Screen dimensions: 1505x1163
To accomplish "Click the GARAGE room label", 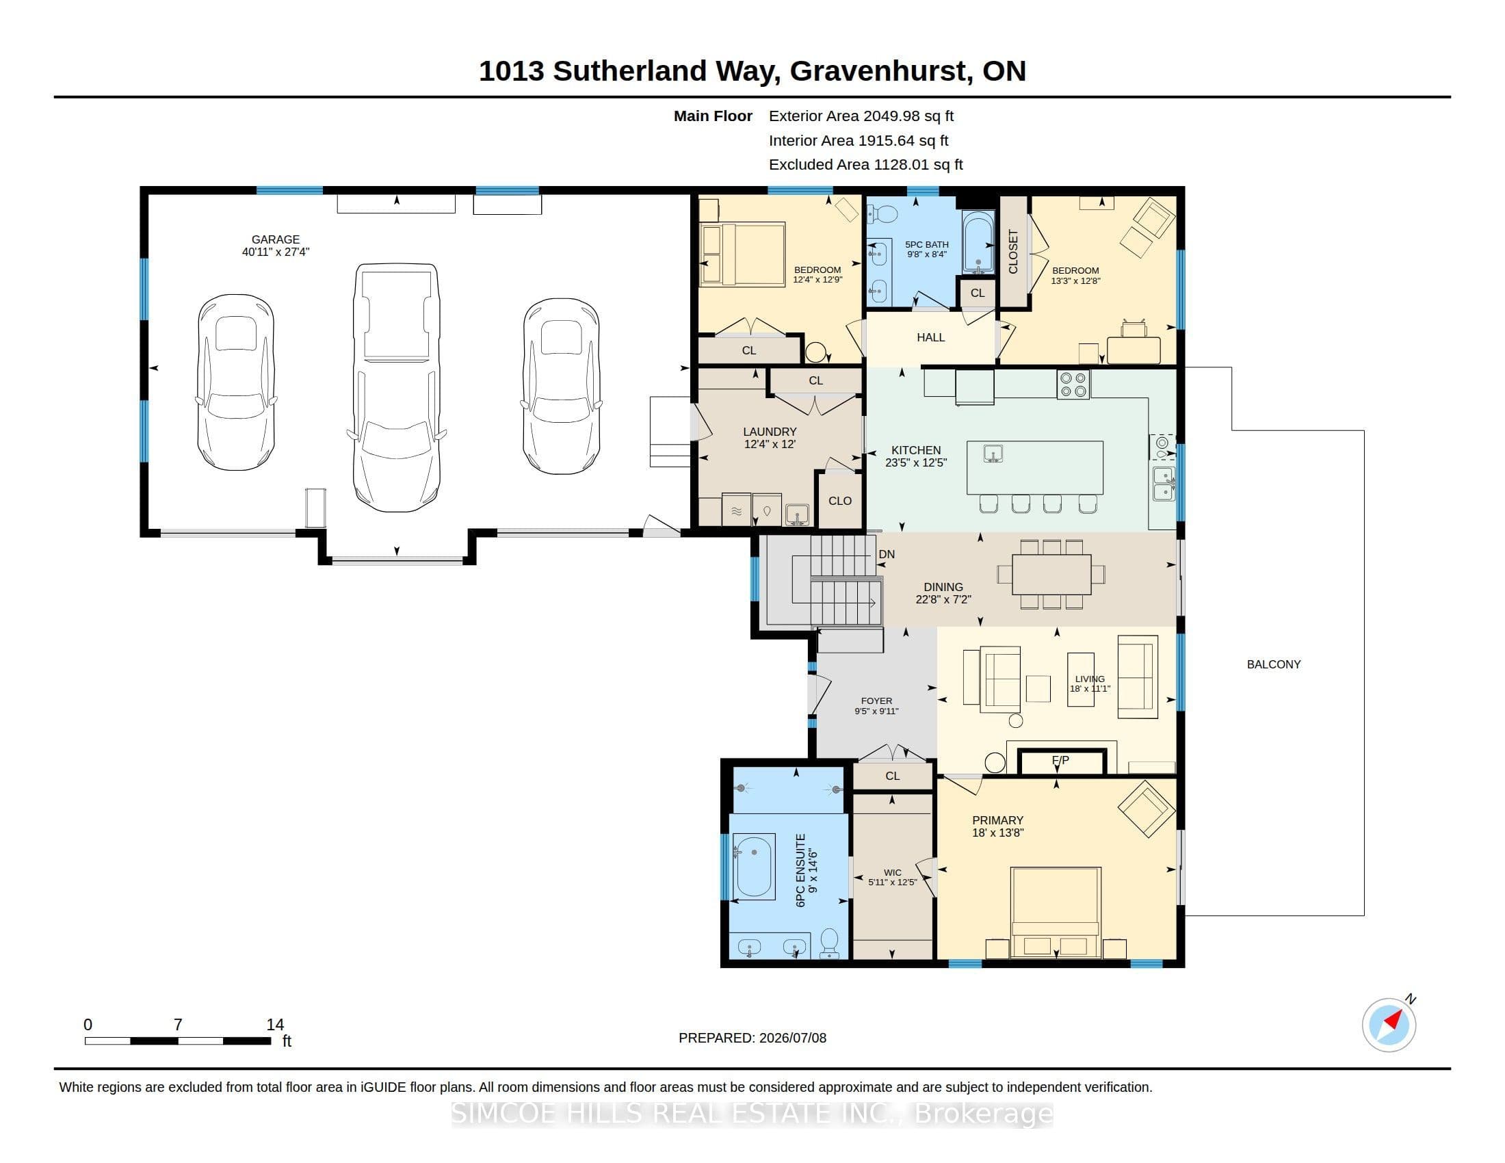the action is [x=275, y=239].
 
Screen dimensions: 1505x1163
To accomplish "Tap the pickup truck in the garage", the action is [x=396, y=387].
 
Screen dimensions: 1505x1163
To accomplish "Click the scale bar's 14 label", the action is [x=275, y=1025].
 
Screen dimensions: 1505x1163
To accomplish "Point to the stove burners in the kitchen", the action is [x=1073, y=384].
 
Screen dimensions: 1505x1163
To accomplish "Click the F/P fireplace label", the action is [x=1060, y=761].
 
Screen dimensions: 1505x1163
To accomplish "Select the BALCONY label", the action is [x=1274, y=664].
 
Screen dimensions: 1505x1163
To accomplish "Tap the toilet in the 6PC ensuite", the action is [x=829, y=943].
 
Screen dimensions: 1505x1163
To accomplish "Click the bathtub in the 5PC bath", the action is [x=978, y=243].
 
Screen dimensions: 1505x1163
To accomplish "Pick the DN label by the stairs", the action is [x=886, y=554].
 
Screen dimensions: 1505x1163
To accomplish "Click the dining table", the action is [x=1051, y=574].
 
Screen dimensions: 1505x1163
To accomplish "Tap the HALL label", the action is [x=930, y=337].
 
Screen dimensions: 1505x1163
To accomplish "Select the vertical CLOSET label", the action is [x=1013, y=252].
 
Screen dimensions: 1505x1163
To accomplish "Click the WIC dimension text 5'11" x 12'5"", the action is [x=892, y=882].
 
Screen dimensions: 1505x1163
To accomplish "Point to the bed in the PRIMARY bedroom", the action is [x=1055, y=912].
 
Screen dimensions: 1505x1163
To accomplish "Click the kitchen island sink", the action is [x=993, y=454].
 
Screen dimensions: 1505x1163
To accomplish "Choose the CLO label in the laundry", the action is [x=840, y=501].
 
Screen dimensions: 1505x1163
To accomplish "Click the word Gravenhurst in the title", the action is [x=878, y=71].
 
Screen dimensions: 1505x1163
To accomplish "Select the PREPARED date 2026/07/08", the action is [x=792, y=1038].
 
